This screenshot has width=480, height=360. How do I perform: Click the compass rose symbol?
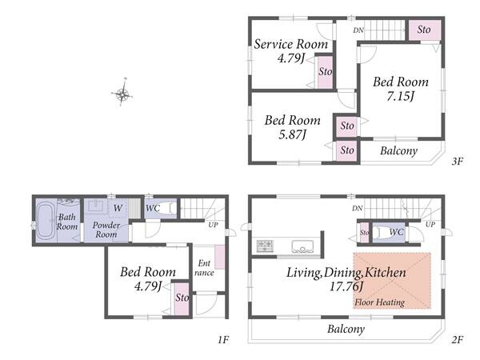(122, 93)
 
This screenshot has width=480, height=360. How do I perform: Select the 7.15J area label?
(400, 97)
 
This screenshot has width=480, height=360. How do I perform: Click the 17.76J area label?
(346, 287)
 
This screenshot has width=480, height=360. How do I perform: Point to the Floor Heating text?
(379, 302)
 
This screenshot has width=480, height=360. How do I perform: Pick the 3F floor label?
(458, 161)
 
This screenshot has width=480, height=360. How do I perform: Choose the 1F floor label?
(223, 339)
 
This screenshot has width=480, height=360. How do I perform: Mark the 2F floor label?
(458, 339)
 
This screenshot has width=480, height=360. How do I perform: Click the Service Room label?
(291, 44)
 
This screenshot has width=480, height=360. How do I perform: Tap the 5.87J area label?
(292, 134)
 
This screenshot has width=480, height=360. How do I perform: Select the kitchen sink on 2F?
(302, 246)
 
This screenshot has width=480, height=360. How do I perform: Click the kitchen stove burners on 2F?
(265, 246)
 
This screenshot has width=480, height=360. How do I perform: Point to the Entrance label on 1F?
(204, 268)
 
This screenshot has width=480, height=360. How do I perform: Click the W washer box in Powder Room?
(118, 208)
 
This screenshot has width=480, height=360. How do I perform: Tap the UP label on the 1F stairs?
(213, 225)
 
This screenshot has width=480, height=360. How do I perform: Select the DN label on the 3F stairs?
(358, 30)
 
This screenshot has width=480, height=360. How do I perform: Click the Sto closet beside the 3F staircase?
(425, 30)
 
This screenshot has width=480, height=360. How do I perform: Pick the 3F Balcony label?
(398, 151)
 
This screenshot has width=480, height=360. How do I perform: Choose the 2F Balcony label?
(346, 329)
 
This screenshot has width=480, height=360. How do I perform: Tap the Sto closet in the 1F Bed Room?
(182, 298)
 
